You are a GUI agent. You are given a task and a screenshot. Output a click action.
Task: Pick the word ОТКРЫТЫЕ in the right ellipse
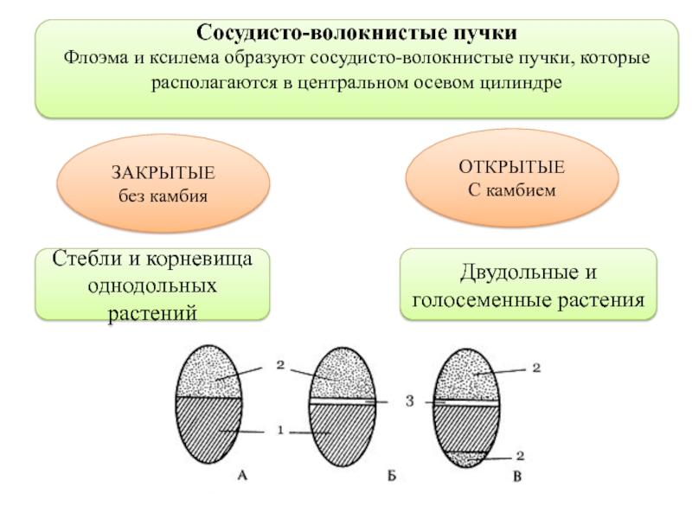click(513, 167)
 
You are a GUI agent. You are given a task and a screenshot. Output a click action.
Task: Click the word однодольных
click(152, 285)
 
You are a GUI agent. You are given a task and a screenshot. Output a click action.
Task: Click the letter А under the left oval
click(243, 475)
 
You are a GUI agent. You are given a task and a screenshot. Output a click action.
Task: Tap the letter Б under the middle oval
click(392, 475)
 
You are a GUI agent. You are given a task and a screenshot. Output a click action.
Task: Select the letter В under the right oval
click(516, 475)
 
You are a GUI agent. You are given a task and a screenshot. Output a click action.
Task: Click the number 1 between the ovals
click(280, 430)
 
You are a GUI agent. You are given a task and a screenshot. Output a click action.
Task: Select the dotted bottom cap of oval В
click(468, 458)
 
